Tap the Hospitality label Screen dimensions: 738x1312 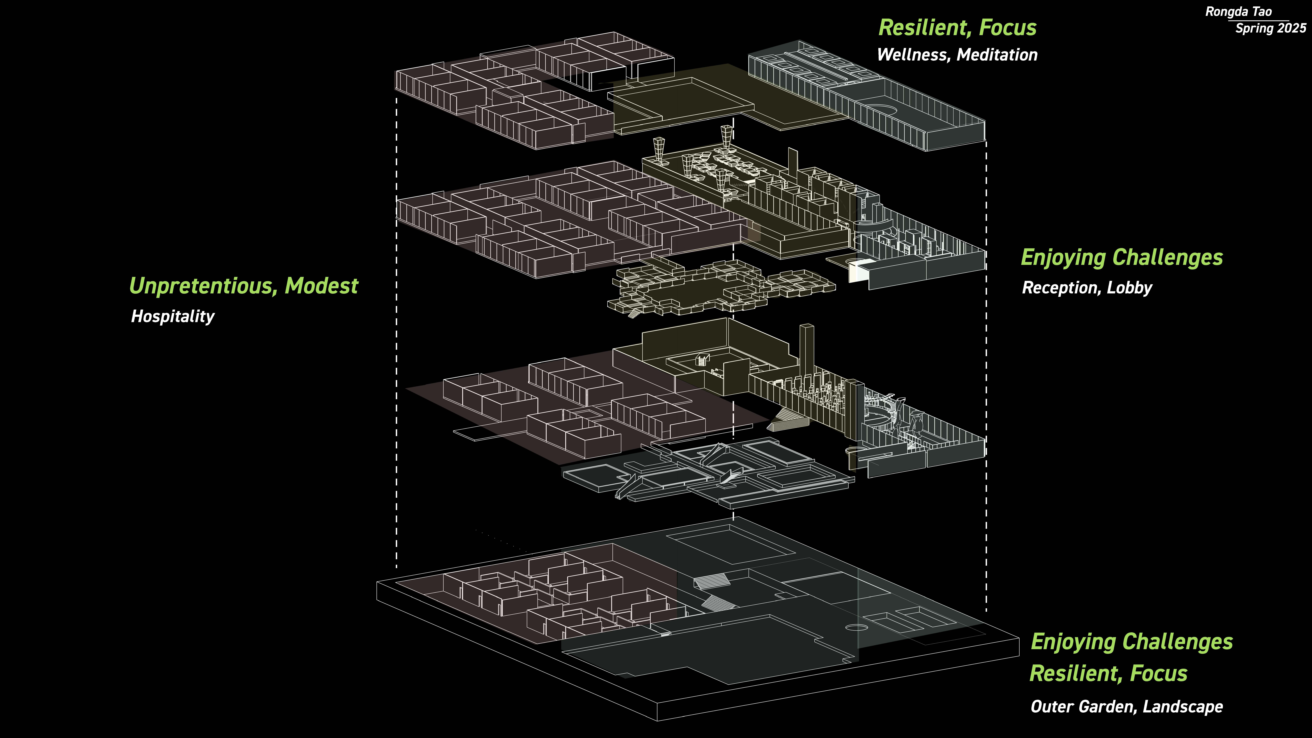click(x=173, y=316)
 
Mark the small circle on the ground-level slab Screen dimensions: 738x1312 click(x=856, y=627)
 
